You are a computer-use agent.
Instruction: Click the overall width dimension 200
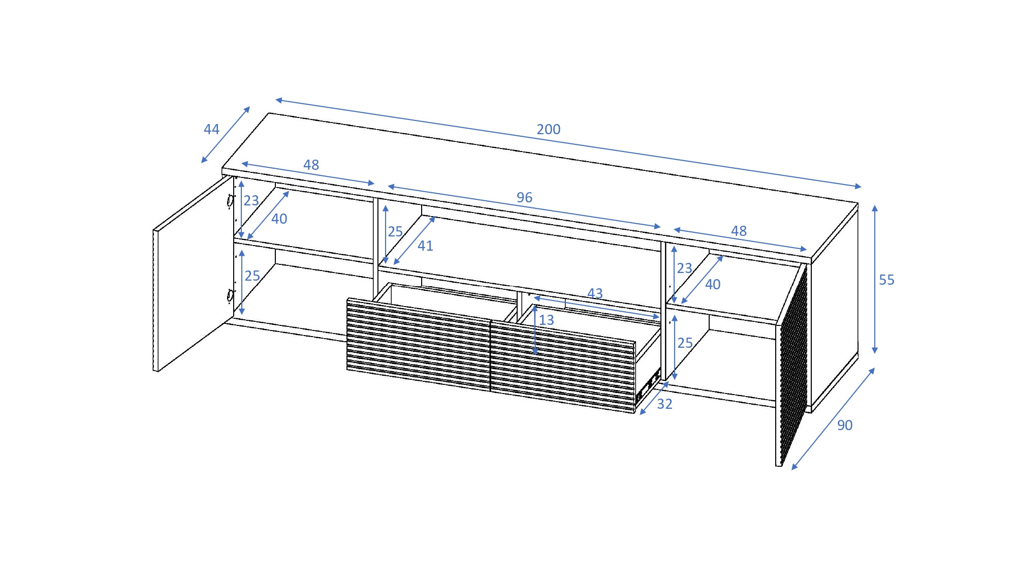(x=549, y=129)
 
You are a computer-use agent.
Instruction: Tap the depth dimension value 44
(x=211, y=129)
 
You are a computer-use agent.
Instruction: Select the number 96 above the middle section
(x=524, y=197)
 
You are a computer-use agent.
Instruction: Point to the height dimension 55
(x=886, y=280)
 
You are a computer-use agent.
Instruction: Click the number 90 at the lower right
(x=845, y=425)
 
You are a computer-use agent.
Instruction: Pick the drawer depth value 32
(x=664, y=404)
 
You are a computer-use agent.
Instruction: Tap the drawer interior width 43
(x=595, y=293)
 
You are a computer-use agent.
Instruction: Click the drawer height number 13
(x=547, y=320)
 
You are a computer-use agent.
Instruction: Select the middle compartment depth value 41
(x=425, y=246)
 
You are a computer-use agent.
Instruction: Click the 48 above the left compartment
(x=311, y=165)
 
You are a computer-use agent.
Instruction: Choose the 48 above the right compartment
(x=739, y=231)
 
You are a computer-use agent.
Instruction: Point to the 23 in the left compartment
(x=251, y=201)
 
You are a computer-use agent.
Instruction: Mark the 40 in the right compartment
(x=713, y=284)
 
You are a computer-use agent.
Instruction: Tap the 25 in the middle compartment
(x=395, y=232)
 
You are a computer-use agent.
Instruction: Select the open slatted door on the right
(x=791, y=364)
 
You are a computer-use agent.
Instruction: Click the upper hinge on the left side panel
(x=230, y=202)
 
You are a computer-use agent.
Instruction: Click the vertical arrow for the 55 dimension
(x=875, y=279)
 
